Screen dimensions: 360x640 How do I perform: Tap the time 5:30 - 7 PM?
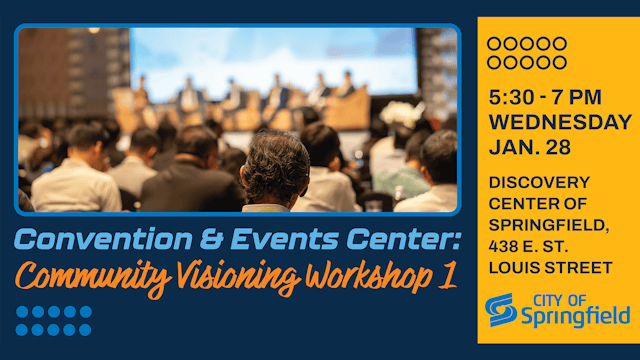544,100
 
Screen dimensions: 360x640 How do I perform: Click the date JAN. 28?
531,147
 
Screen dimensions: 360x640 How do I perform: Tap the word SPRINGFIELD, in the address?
542,225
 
